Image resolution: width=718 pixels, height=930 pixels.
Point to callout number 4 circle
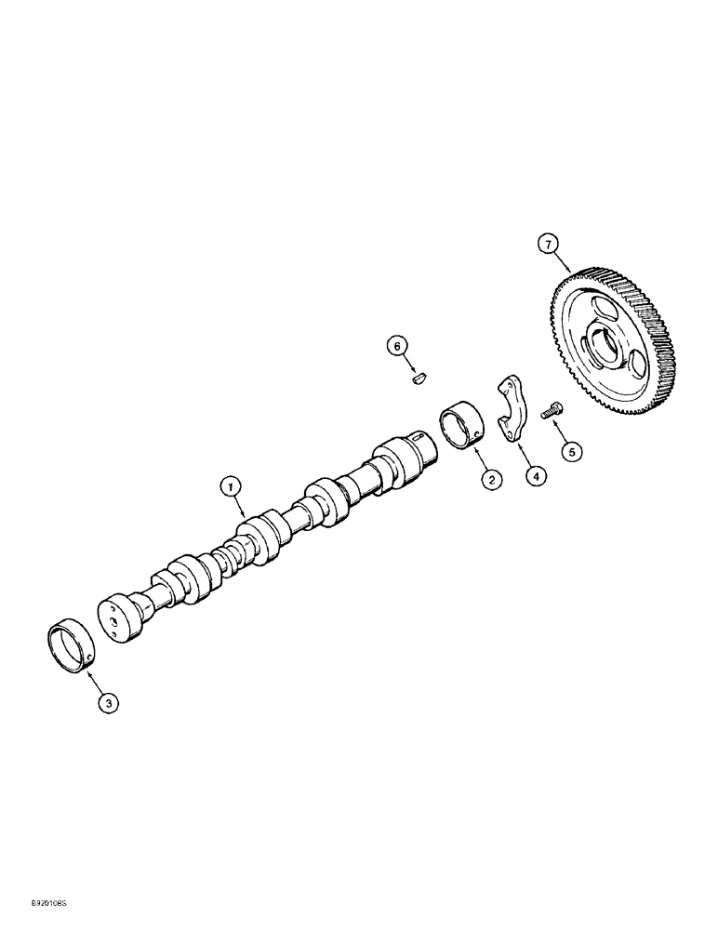[x=535, y=475]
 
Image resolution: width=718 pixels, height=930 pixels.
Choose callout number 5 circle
[x=572, y=452]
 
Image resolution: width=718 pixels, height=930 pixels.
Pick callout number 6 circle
[x=397, y=347]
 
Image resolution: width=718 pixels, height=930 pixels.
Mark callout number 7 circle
[x=548, y=245]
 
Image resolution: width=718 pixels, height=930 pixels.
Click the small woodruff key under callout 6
[x=418, y=378]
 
